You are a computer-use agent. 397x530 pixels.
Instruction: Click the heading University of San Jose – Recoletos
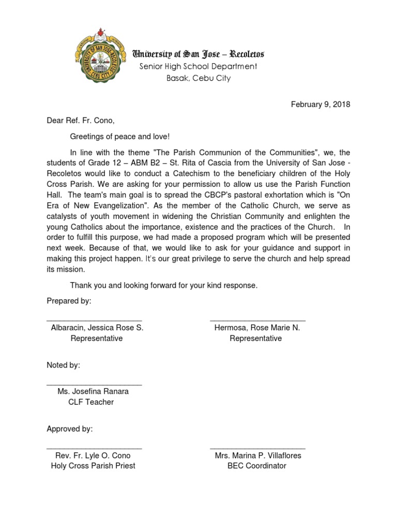[x=199, y=54]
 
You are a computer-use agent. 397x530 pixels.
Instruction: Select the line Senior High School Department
[x=198, y=66]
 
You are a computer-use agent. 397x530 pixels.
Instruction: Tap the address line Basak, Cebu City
[x=198, y=78]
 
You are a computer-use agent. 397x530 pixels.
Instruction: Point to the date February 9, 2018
[x=320, y=105]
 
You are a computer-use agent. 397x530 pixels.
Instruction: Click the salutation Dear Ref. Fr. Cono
[x=80, y=121]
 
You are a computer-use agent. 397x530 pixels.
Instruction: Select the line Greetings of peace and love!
[x=120, y=137]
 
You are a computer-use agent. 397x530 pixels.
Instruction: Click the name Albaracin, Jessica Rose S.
[x=97, y=328]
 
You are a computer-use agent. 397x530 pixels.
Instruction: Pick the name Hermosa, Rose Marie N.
[x=257, y=328]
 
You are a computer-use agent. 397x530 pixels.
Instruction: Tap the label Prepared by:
[x=69, y=301]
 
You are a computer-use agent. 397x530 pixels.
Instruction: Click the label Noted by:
[x=64, y=365]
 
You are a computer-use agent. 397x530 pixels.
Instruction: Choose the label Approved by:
[x=70, y=429]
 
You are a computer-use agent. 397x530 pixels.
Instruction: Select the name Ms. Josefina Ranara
[x=93, y=392]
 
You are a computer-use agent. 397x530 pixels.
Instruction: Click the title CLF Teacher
[x=91, y=402]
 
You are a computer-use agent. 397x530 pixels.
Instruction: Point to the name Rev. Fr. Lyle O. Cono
[x=93, y=456]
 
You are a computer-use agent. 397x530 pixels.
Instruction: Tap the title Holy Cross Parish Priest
[x=93, y=466]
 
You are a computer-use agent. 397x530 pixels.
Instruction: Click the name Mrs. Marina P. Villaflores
[x=258, y=456]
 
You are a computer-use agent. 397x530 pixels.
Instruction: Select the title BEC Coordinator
[x=257, y=466]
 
